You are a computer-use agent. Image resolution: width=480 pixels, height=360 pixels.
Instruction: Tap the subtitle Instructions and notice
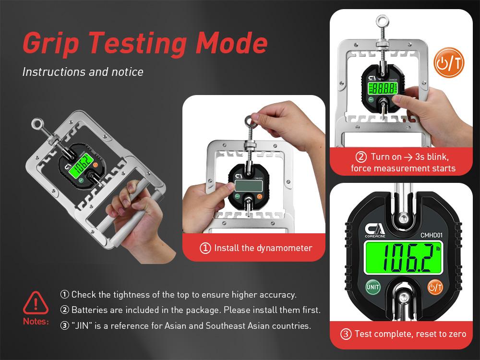click(x=83, y=72)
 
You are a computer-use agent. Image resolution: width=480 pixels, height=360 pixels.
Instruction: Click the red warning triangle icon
click(x=36, y=302)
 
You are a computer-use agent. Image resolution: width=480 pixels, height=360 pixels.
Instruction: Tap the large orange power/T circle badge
click(x=449, y=63)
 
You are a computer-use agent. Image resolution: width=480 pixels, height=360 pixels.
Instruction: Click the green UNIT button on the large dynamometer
click(x=372, y=288)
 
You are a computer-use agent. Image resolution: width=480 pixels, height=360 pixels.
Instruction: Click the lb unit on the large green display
click(x=438, y=249)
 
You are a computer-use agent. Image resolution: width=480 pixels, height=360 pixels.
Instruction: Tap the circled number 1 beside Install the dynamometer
click(x=205, y=248)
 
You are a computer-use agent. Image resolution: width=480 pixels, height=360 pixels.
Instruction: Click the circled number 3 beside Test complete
click(x=346, y=334)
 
